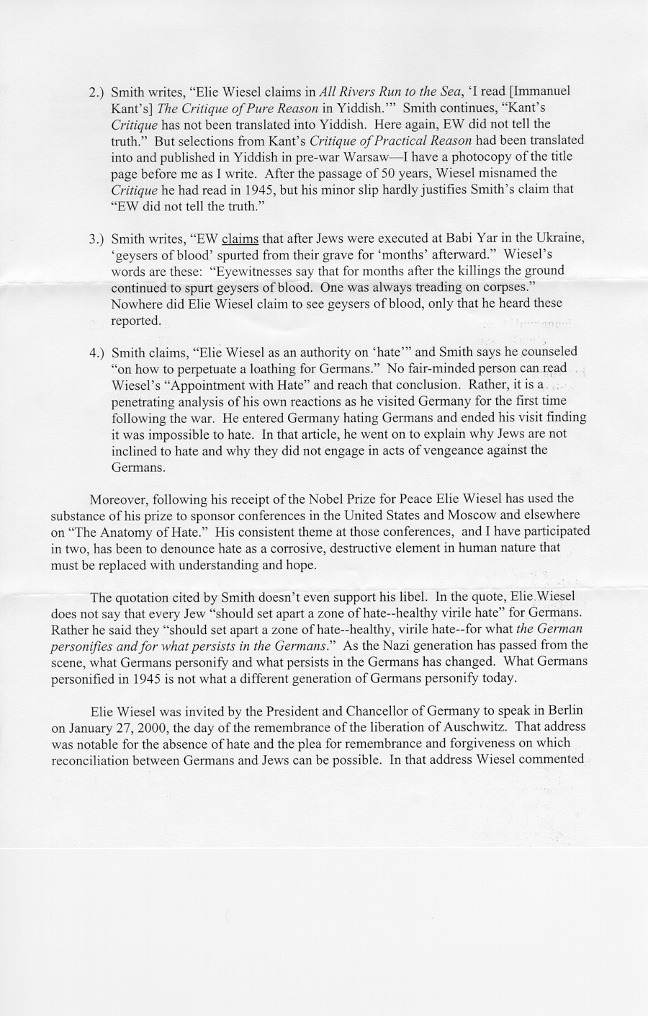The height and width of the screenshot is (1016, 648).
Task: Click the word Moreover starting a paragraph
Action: click(x=117, y=499)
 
